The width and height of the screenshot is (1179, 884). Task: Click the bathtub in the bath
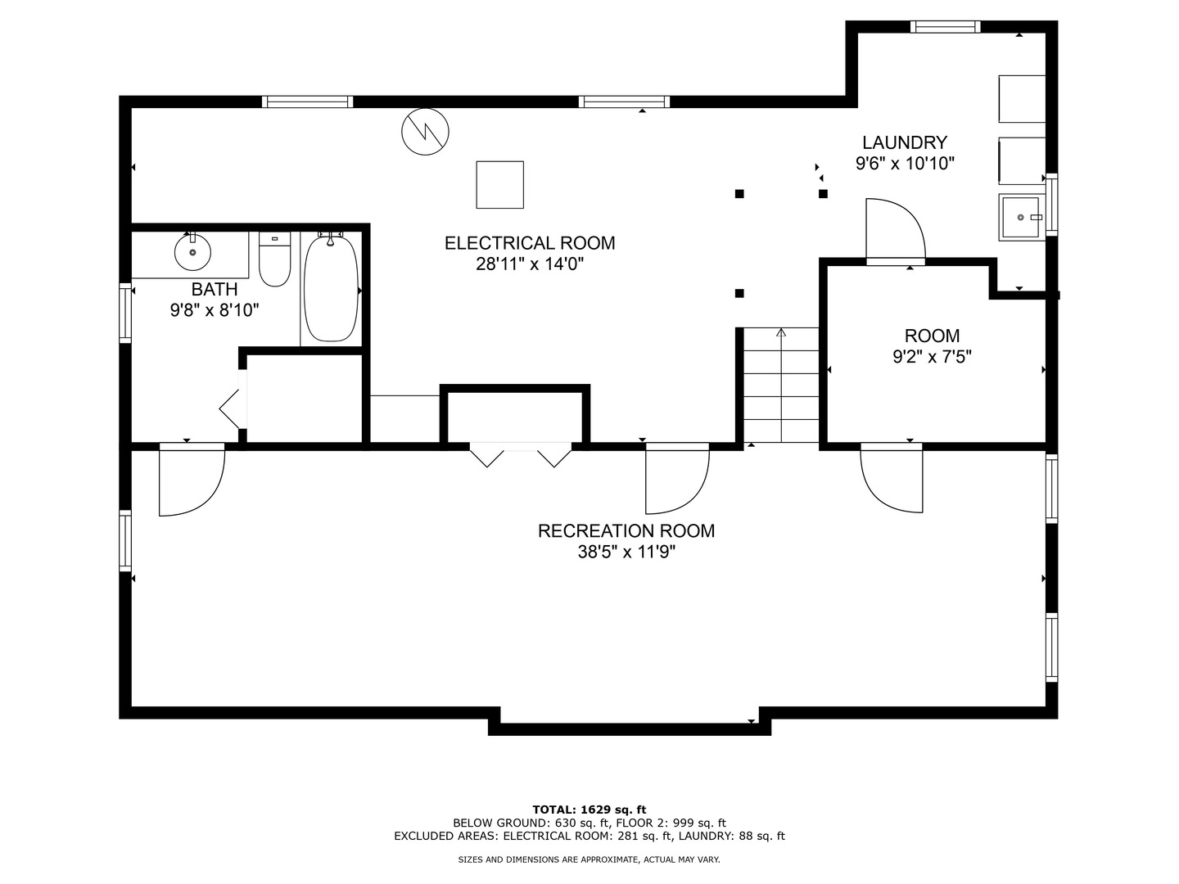pyautogui.click(x=330, y=288)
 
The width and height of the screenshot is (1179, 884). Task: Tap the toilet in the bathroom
pyautogui.click(x=274, y=259)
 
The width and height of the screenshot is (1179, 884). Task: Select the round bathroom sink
pyautogui.click(x=193, y=252)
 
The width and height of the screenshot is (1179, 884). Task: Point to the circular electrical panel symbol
pyautogui.click(x=425, y=132)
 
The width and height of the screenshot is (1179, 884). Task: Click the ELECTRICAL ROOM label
pyautogui.click(x=530, y=243)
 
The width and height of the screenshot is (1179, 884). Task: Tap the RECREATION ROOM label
pyautogui.click(x=626, y=531)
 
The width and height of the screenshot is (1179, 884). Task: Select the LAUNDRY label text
pyautogui.click(x=905, y=142)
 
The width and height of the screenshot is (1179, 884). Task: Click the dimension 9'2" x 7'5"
pyautogui.click(x=932, y=356)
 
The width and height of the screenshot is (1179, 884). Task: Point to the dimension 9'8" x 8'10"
pyautogui.click(x=215, y=310)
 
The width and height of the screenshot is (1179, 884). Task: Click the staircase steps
pyautogui.click(x=781, y=385)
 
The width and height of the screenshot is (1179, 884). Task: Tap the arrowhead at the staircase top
pyautogui.click(x=781, y=332)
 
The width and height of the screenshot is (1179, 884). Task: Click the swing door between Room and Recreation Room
pyautogui.click(x=892, y=477)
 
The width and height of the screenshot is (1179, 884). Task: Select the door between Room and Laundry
pyautogui.click(x=896, y=232)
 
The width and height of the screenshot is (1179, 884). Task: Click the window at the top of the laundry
pyautogui.click(x=946, y=27)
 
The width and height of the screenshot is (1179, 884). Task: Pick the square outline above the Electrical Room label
pyautogui.click(x=500, y=185)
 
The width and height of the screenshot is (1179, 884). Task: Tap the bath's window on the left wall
pyautogui.click(x=125, y=313)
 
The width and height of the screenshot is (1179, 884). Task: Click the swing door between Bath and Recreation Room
pyautogui.click(x=192, y=479)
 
